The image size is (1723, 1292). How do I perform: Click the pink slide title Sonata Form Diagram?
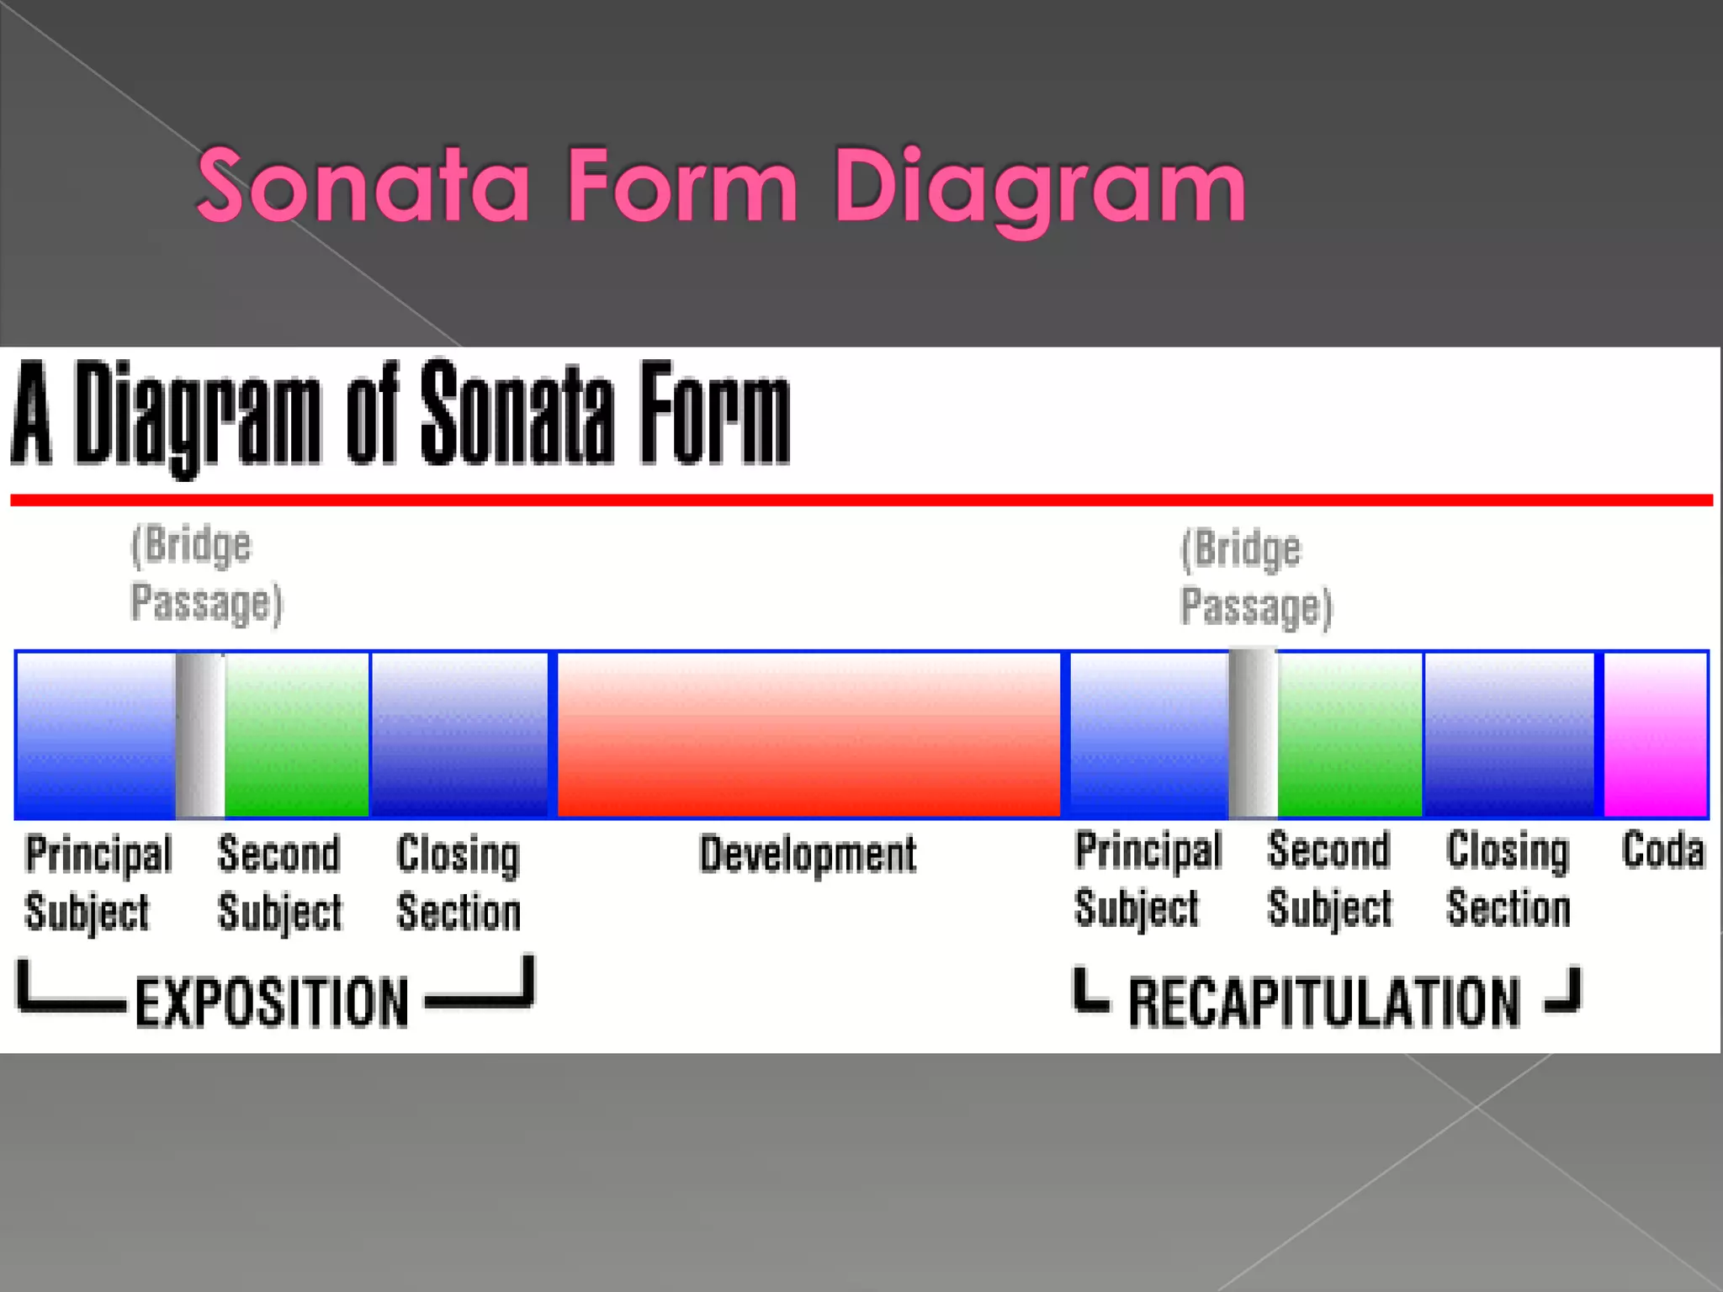(x=720, y=186)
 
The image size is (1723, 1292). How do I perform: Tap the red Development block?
(x=808, y=734)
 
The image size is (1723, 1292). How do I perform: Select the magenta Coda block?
(x=1655, y=734)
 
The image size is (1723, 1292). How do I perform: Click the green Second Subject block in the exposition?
(x=296, y=734)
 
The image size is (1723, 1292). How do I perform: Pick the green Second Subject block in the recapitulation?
(x=1349, y=734)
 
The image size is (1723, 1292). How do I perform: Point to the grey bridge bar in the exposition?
(x=200, y=734)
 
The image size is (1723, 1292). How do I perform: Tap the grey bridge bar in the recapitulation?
(x=1253, y=734)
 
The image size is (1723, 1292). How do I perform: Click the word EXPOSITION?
(x=272, y=1002)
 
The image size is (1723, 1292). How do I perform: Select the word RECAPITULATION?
(x=1324, y=1002)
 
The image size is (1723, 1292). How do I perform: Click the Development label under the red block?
(x=808, y=855)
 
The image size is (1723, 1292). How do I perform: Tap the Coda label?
(x=1662, y=850)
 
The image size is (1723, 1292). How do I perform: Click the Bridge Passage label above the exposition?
(x=206, y=575)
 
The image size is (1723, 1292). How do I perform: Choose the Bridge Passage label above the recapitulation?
(x=1256, y=578)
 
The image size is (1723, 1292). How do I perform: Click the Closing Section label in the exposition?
(x=459, y=883)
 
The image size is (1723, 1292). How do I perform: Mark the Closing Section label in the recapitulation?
(x=1508, y=880)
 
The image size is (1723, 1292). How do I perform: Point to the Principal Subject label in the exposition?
(x=98, y=883)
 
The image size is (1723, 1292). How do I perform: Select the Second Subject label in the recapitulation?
(x=1329, y=880)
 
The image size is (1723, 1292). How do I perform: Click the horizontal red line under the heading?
(x=861, y=500)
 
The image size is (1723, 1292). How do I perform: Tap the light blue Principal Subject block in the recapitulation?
(x=1148, y=734)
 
